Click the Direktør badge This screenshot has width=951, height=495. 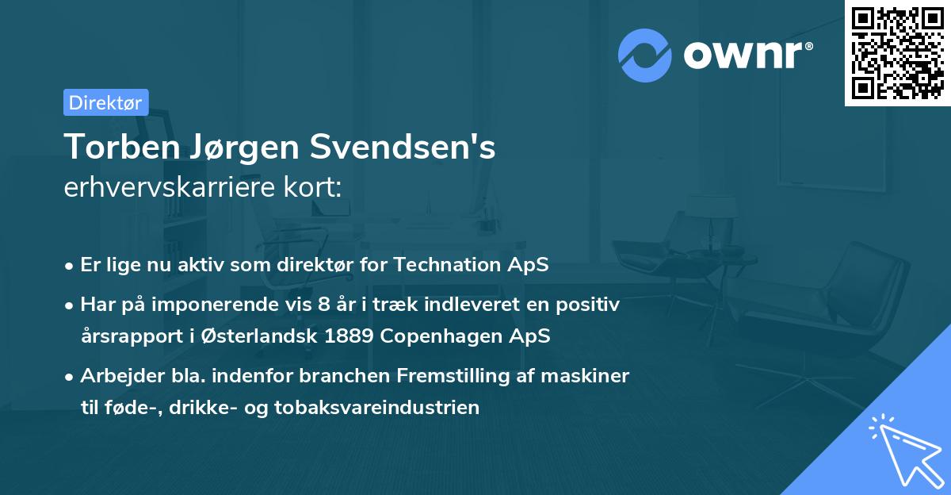pyautogui.click(x=105, y=102)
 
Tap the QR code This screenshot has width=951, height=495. pyautogui.click(x=898, y=52)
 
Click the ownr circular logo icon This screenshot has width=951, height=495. pyautogui.click(x=645, y=56)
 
